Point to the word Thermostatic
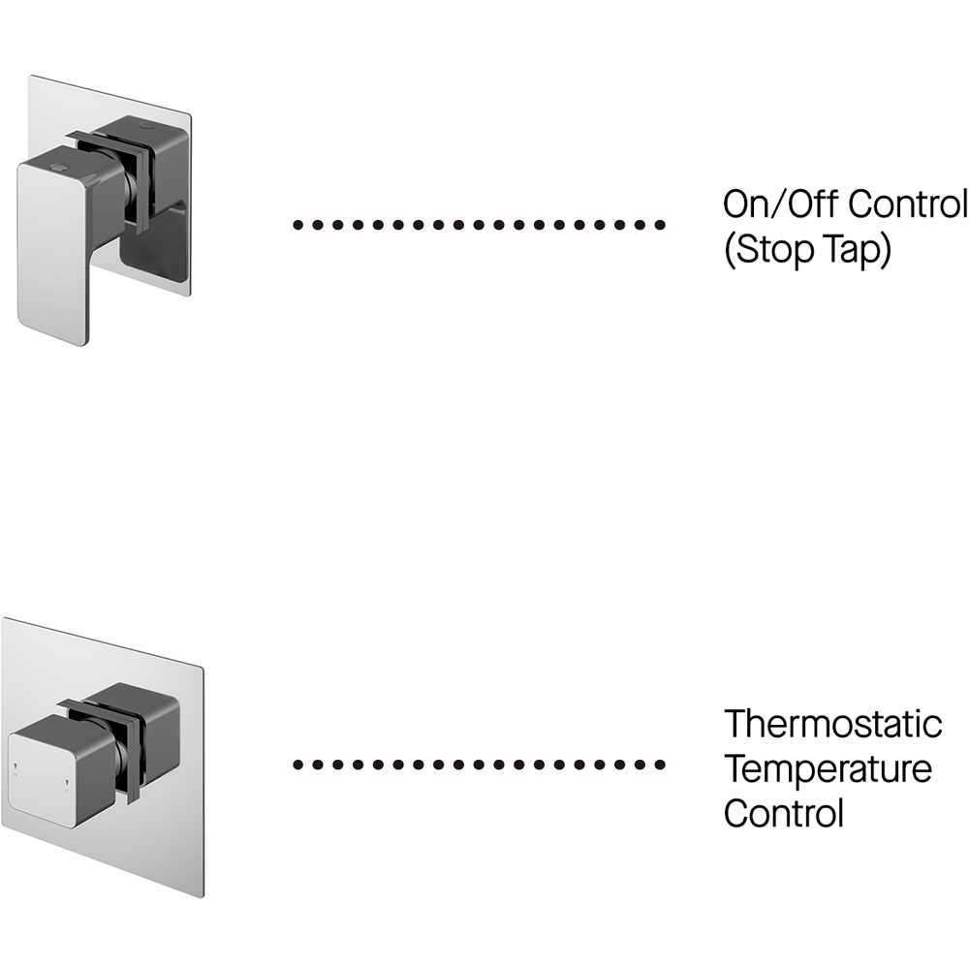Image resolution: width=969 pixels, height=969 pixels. click(x=833, y=724)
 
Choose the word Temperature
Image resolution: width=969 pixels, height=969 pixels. click(x=828, y=769)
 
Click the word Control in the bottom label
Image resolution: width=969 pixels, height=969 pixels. click(x=784, y=813)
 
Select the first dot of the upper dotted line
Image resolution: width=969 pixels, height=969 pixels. click(x=297, y=225)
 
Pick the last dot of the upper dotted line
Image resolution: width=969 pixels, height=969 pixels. click(x=660, y=225)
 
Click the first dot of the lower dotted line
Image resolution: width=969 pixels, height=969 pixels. click(x=297, y=766)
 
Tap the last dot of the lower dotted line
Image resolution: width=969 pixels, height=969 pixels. click(x=660, y=766)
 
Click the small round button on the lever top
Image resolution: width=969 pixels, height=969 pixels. click(x=60, y=166)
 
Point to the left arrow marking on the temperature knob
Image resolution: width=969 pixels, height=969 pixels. click(x=16, y=766)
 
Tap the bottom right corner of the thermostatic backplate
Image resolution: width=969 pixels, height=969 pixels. click(x=203, y=897)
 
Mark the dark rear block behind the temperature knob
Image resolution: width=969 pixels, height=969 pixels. click(x=135, y=723)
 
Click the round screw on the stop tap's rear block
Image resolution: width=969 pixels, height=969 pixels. click(x=146, y=126)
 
